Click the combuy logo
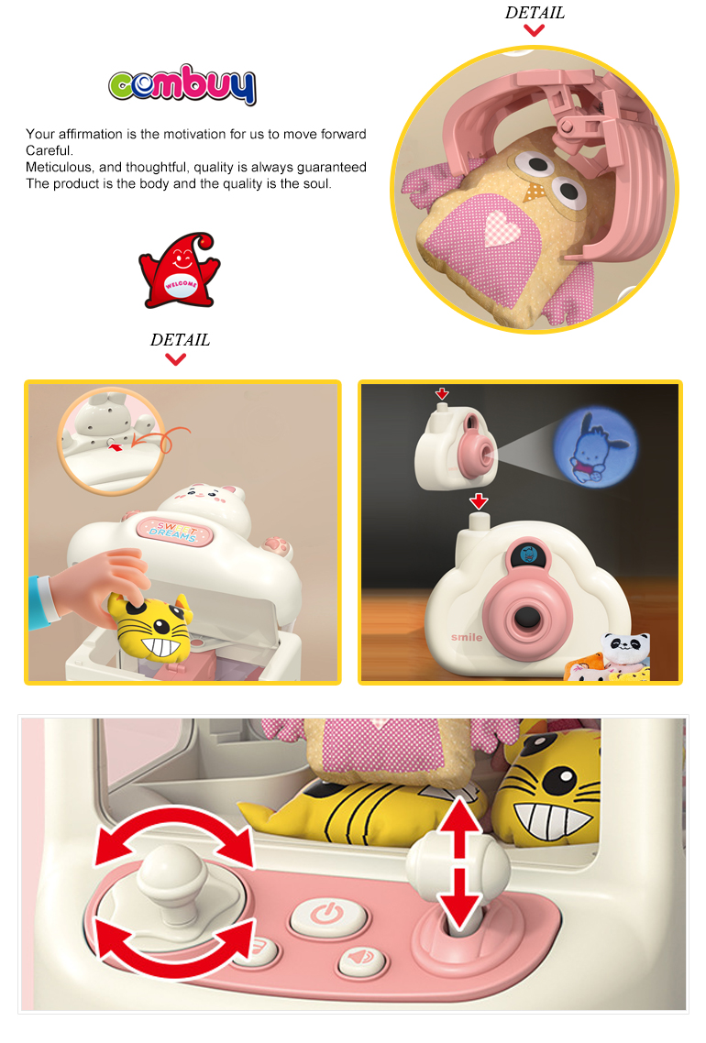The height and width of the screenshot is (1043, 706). (x=182, y=84)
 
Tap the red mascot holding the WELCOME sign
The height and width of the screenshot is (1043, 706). (x=180, y=270)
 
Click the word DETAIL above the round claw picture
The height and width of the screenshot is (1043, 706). (x=535, y=13)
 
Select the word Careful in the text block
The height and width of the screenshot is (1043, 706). (x=48, y=150)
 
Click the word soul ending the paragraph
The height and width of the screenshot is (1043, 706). (x=316, y=183)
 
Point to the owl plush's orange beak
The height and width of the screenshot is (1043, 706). (x=534, y=192)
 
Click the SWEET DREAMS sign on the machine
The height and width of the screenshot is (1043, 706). (x=174, y=531)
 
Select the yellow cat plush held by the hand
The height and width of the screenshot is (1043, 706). (x=151, y=625)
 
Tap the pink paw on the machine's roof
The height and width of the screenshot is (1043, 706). (x=278, y=546)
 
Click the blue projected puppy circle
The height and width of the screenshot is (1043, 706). (x=595, y=447)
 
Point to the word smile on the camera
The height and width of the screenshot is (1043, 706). (x=467, y=637)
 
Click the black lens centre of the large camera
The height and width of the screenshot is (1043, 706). (x=528, y=618)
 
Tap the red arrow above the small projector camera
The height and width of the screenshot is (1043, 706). (x=442, y=393)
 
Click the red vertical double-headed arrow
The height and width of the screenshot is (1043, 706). (x=459, y=863)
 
